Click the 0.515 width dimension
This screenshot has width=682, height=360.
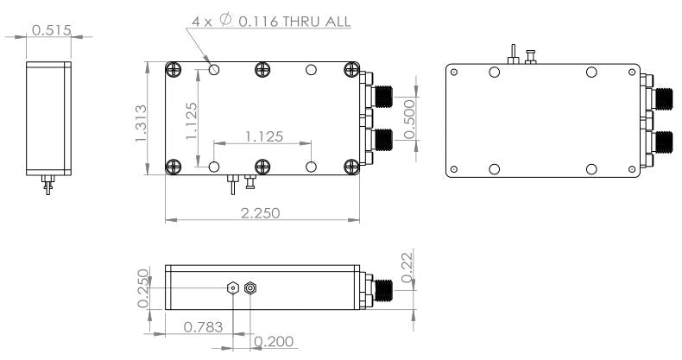[x=48, y=31]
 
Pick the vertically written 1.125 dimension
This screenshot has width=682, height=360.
[x=193, y=118]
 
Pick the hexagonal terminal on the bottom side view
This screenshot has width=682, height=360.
[x=233, y=288]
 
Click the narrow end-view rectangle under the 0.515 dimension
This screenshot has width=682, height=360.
[x=48, y=117]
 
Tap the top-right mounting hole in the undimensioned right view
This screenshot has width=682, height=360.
[x=591, y=73]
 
